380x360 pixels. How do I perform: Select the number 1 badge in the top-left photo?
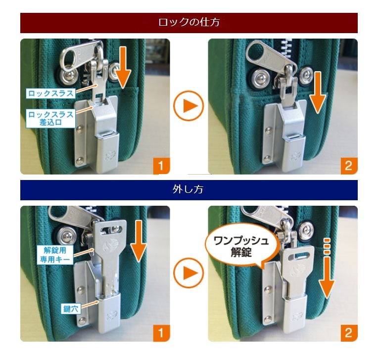(x=162, y=165)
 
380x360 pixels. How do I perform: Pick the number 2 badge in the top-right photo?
(x=348, y=165)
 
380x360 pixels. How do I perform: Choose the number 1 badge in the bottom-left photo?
(x=162, y=332)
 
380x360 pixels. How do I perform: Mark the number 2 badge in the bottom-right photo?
(x=348, y=332)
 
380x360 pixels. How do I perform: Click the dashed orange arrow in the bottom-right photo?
(x=327, y=272)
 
